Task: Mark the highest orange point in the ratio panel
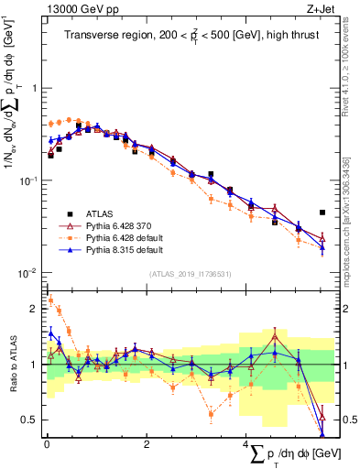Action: point(51,299)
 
